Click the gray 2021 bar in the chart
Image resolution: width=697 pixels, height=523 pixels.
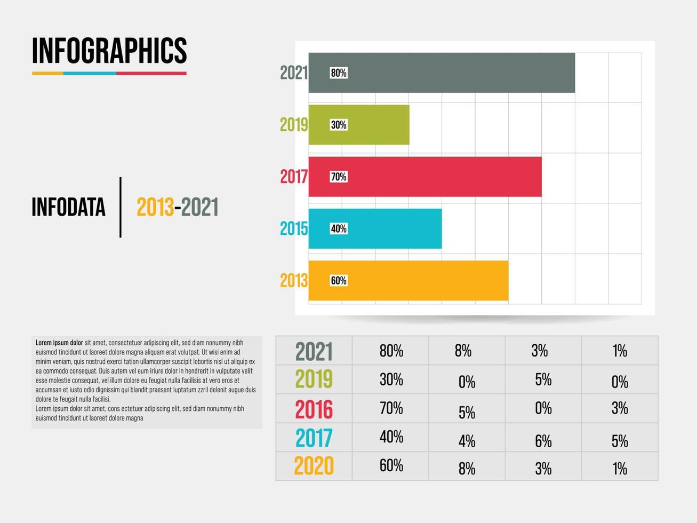point(453,73)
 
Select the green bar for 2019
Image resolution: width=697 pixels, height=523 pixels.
point(373,124)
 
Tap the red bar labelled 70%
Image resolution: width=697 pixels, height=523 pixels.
point(437,177)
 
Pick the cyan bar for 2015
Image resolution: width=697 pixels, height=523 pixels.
point(389,228)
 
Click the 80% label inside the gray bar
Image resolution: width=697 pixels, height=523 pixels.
point(339,73)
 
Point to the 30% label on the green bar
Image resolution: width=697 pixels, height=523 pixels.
point(339,125)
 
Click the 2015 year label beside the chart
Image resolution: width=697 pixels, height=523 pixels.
point(294,228)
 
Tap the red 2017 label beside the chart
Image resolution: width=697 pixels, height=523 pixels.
point(294,177)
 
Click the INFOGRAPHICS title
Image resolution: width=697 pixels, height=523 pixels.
point(109,51)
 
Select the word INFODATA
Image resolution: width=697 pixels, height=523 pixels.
point(68,208)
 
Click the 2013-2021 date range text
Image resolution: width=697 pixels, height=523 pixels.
point(178,208)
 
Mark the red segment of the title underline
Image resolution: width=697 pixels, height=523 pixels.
point(151,73)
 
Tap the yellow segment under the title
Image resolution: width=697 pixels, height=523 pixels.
point(47,73)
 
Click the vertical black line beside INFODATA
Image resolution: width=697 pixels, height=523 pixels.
point(121,207)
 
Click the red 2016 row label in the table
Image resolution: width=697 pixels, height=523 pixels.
point(314,409)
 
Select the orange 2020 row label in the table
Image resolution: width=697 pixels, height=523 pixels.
point(314,466)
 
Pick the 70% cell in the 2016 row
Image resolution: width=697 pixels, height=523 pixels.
point(391,408)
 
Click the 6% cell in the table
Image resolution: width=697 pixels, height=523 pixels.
point(543,441)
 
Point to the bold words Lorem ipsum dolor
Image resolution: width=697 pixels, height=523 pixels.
point(59,343)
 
